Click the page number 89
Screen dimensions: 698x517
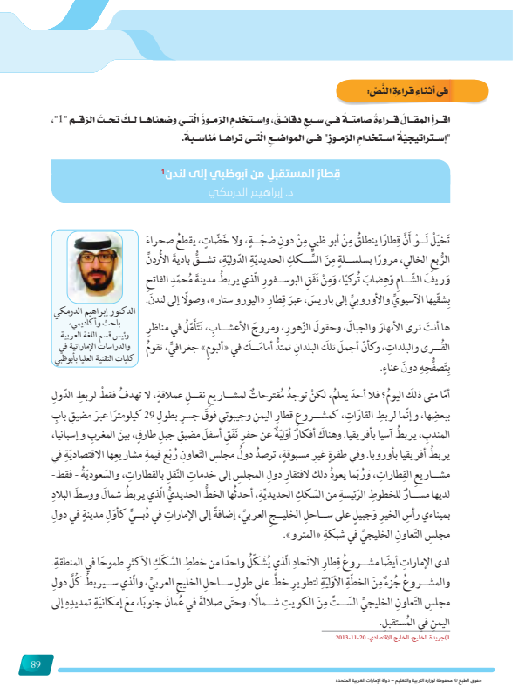(36, 664)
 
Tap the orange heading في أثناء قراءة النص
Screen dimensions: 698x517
(407, 91)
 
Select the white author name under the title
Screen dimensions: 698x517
(251, 192)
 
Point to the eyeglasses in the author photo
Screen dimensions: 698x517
(95, 257)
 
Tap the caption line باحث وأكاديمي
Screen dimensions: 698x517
(95, 323)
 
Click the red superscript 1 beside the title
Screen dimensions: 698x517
(163, 171)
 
